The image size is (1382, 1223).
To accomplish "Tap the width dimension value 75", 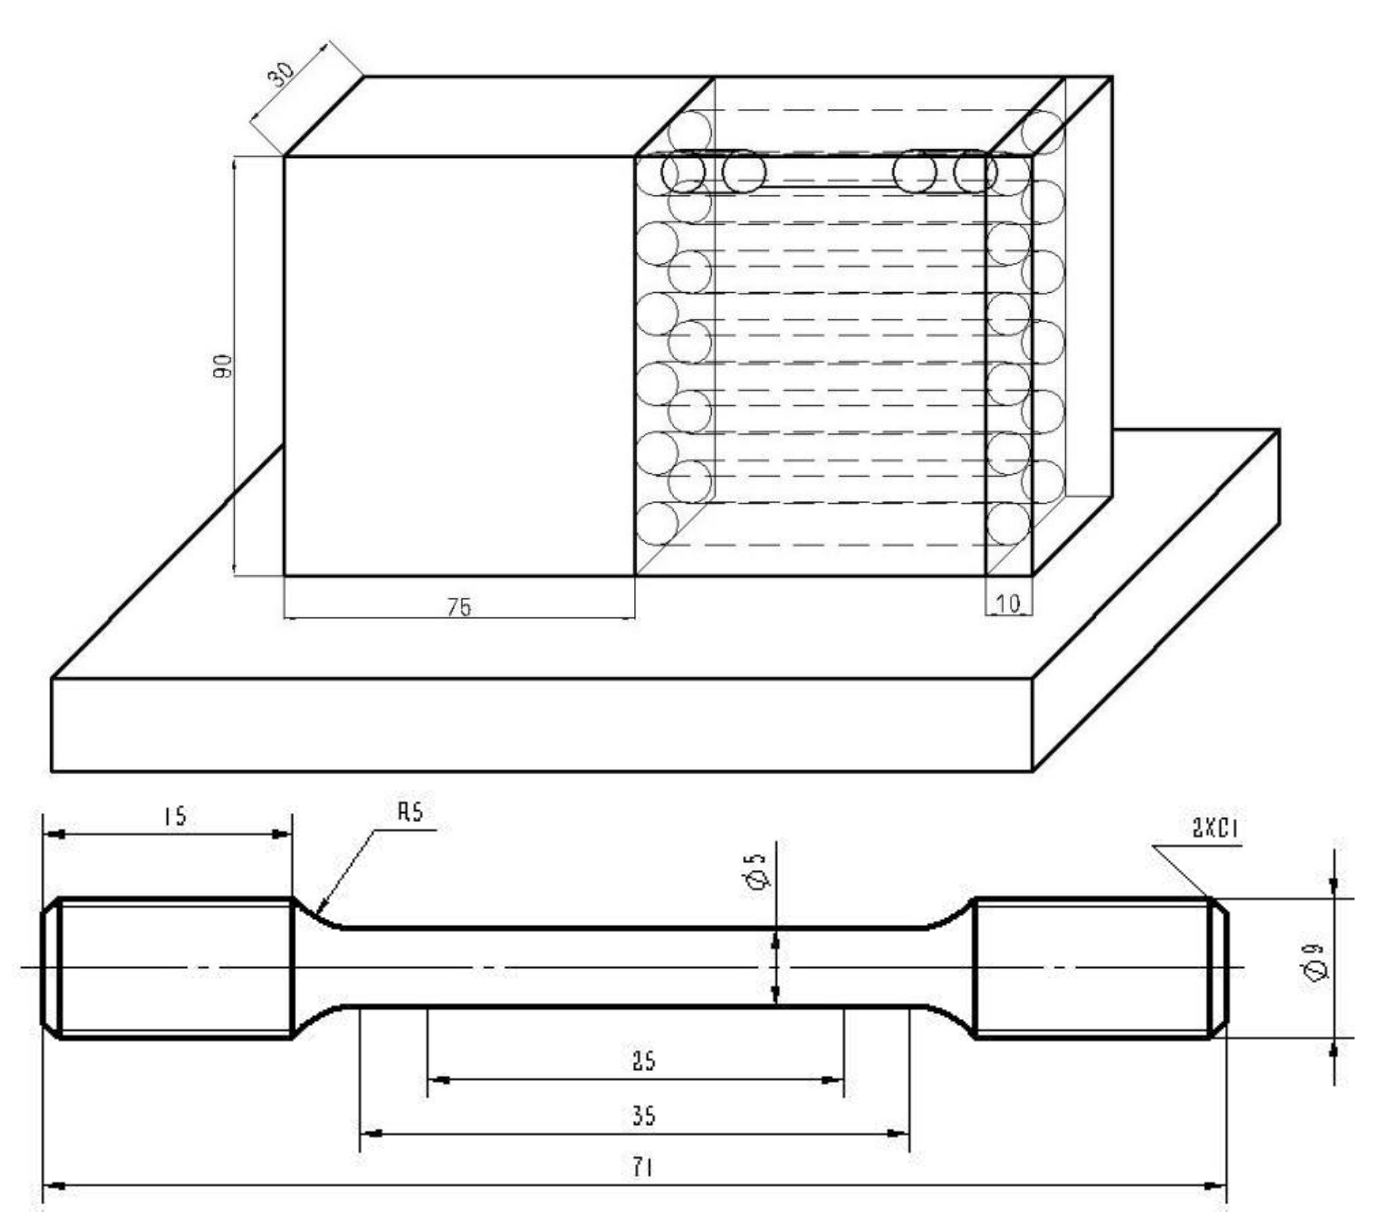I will (x=459, y=607).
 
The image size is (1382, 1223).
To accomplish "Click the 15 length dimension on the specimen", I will (x=175, y=816).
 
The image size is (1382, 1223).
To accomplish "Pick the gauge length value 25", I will (x=643, y=1061).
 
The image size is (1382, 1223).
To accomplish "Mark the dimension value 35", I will (x=643, y=1115).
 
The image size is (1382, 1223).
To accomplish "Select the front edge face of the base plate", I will (x=541, y=724).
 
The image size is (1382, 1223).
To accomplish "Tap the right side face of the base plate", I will (x=1156, y=602).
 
